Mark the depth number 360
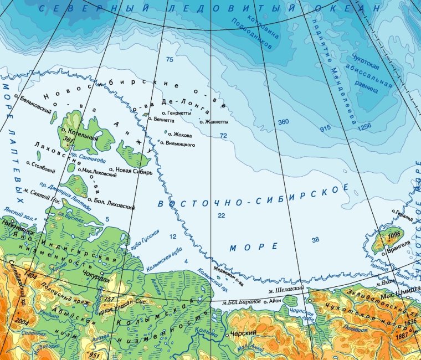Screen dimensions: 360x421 point(284,122)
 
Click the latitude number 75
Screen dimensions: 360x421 point(169,59)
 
